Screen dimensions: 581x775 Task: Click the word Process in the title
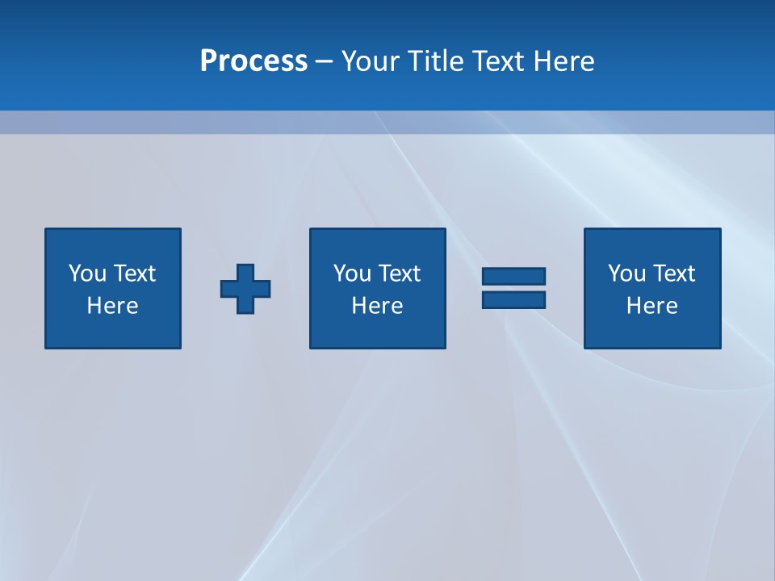pos(253,61)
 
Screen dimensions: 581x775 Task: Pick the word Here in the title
pos(564,61)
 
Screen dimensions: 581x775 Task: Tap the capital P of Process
pos(209,61)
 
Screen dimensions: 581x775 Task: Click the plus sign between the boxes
pos(245,288)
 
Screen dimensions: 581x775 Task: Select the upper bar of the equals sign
pos(513,276)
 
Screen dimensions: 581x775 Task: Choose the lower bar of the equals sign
pos(513,299)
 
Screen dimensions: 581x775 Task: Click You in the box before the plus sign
pos(86,274)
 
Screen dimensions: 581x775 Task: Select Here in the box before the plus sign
pos(112,306)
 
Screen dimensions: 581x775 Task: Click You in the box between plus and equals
pos(351,274)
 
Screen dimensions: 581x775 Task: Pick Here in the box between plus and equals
pos(377,306)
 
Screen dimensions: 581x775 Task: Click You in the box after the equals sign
pos(626,274)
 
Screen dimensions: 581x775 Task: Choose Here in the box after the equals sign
pos(651,306)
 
